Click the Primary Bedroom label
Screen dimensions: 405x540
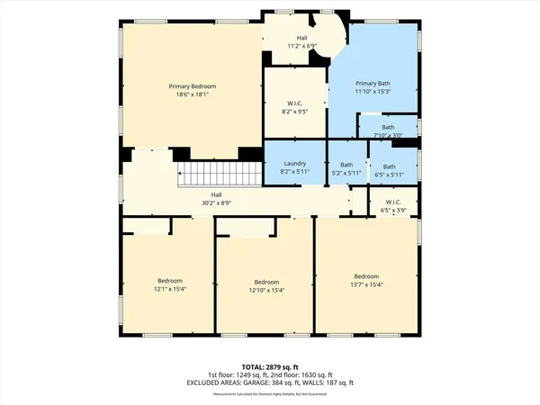[192, 86]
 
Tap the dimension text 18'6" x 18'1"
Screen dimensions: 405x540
[192, 94]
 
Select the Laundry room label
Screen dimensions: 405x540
[293, 164]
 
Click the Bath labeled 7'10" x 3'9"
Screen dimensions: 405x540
[388, 131]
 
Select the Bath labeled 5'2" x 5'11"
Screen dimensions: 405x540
[346, 168]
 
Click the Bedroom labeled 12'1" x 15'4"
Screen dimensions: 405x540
[169, 284]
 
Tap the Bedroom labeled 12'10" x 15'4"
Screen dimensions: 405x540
[265, 284]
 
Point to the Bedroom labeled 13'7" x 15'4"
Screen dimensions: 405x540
[366, 279]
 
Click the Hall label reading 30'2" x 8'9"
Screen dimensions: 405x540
[216, 199]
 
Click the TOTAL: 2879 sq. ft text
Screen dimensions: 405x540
[270, 366]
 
